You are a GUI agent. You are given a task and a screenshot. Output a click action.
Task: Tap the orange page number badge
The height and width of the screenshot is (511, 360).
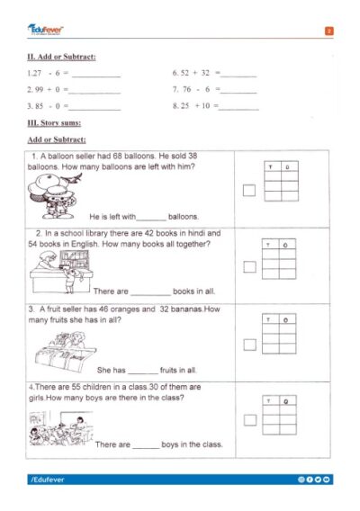pyautogui.click(x=329, y=31)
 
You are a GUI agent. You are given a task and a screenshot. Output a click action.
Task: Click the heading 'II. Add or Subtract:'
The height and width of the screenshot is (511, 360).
pyautogui.click(x=62, y=58)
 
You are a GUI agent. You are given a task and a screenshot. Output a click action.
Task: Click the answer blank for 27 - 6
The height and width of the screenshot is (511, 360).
pyautogui.click(x=95, y=74)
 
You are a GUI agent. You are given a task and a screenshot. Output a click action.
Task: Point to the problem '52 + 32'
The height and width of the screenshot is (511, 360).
pyautogui.click(x=190, y=72)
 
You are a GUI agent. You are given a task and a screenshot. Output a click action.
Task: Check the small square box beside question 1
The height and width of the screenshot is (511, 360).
pyautogui.click(x=249, y=189)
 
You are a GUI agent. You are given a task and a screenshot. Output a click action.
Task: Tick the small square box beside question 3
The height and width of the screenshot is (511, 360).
pyautogui.click(x=249, y=345)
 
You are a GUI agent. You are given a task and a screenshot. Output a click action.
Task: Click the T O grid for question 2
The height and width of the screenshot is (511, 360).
pyautogui.click(x=278, y=261)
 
